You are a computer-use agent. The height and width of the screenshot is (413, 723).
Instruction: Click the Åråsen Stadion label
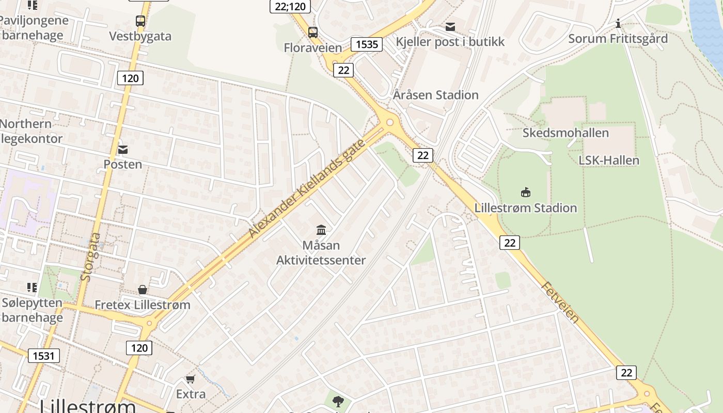tap(435, 95)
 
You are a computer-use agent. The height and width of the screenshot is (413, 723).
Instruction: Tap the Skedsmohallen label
tap(565, 133)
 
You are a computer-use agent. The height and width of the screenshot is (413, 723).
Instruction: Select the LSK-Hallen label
tap(608, 161)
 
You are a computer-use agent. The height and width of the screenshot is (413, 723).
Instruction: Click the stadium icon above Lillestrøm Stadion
tap(526, 193)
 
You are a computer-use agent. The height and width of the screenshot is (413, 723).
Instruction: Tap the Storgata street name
tap(91, 257)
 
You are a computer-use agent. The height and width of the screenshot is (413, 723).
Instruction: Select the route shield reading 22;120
tap(291, 6)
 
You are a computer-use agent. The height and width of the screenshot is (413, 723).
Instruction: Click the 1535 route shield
tap(366, 44)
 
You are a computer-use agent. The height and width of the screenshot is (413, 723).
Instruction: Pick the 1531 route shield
tap(44, 355)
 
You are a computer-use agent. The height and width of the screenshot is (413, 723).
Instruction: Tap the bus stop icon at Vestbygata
tap(140, 21)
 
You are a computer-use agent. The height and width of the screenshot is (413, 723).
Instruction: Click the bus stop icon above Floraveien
tap(313, 33)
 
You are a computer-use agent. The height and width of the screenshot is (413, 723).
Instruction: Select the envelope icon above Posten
tap(123, 150)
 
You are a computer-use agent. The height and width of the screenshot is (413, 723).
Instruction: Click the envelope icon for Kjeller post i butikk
tap(450, 27)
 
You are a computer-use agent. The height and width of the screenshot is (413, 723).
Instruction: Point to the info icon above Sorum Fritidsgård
tap(618, 24)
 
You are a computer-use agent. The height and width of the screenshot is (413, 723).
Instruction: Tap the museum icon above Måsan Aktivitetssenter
tap(321, 230)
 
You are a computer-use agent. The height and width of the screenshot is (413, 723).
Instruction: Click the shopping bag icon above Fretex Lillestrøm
tap(142, 290)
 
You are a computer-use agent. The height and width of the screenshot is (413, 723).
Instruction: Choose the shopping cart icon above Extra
tap(191, 379)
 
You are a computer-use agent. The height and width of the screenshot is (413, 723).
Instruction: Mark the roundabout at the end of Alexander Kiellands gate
tap(389, 122)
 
